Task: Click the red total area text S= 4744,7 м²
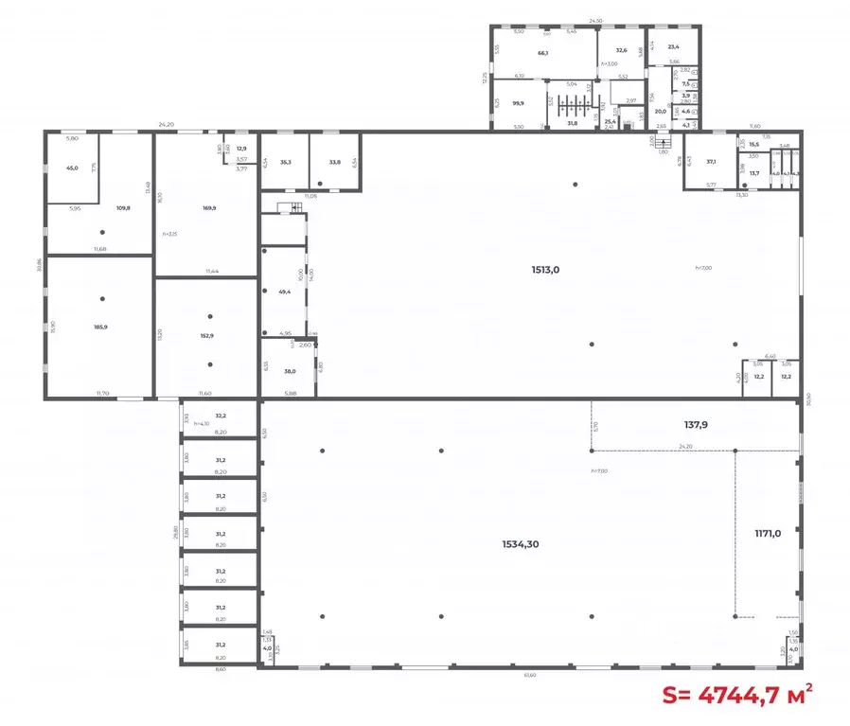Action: click(737, 695)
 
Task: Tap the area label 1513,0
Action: click(545, 269)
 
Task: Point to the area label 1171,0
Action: click(767, 532)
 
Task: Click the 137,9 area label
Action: click(690, 425)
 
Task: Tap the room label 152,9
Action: click(205, 336)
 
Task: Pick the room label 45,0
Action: click(72, 168)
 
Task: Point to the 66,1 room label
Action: click(543, 53)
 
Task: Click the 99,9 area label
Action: click(518, 104)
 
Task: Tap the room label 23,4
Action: click(673, 46)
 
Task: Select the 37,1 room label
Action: click(711, 162)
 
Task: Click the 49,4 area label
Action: click(284, 292)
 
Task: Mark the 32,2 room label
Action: click(221, 416)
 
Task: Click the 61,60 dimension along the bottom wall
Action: click(530, 675)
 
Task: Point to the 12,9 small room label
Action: click(241, 149)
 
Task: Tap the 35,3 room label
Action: click(285, 162)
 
